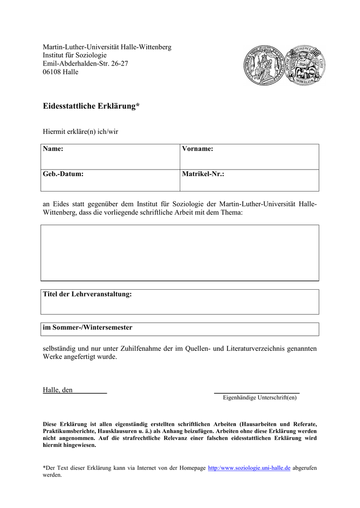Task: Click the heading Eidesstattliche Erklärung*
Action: [x=91, y=107]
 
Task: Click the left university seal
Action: [x=263, y=65]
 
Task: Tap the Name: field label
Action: [x=53, y=149]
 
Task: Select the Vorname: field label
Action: [x=198, y=149]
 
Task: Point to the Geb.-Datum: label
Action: [x=63, y=174]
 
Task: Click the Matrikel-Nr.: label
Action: [x=203, y=174]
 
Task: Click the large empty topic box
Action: [x=180, y=253]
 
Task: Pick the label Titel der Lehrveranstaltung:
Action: [x=88, y=294]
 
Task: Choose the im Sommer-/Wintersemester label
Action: [x=88, y=327]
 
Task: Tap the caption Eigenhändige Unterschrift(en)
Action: [x=260, y=397]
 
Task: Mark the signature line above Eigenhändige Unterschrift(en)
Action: [x=257, y=393]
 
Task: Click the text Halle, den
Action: [x=58, y=390]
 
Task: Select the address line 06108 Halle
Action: [x=61, y=72]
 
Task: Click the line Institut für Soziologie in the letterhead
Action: [x=75, y=55]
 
